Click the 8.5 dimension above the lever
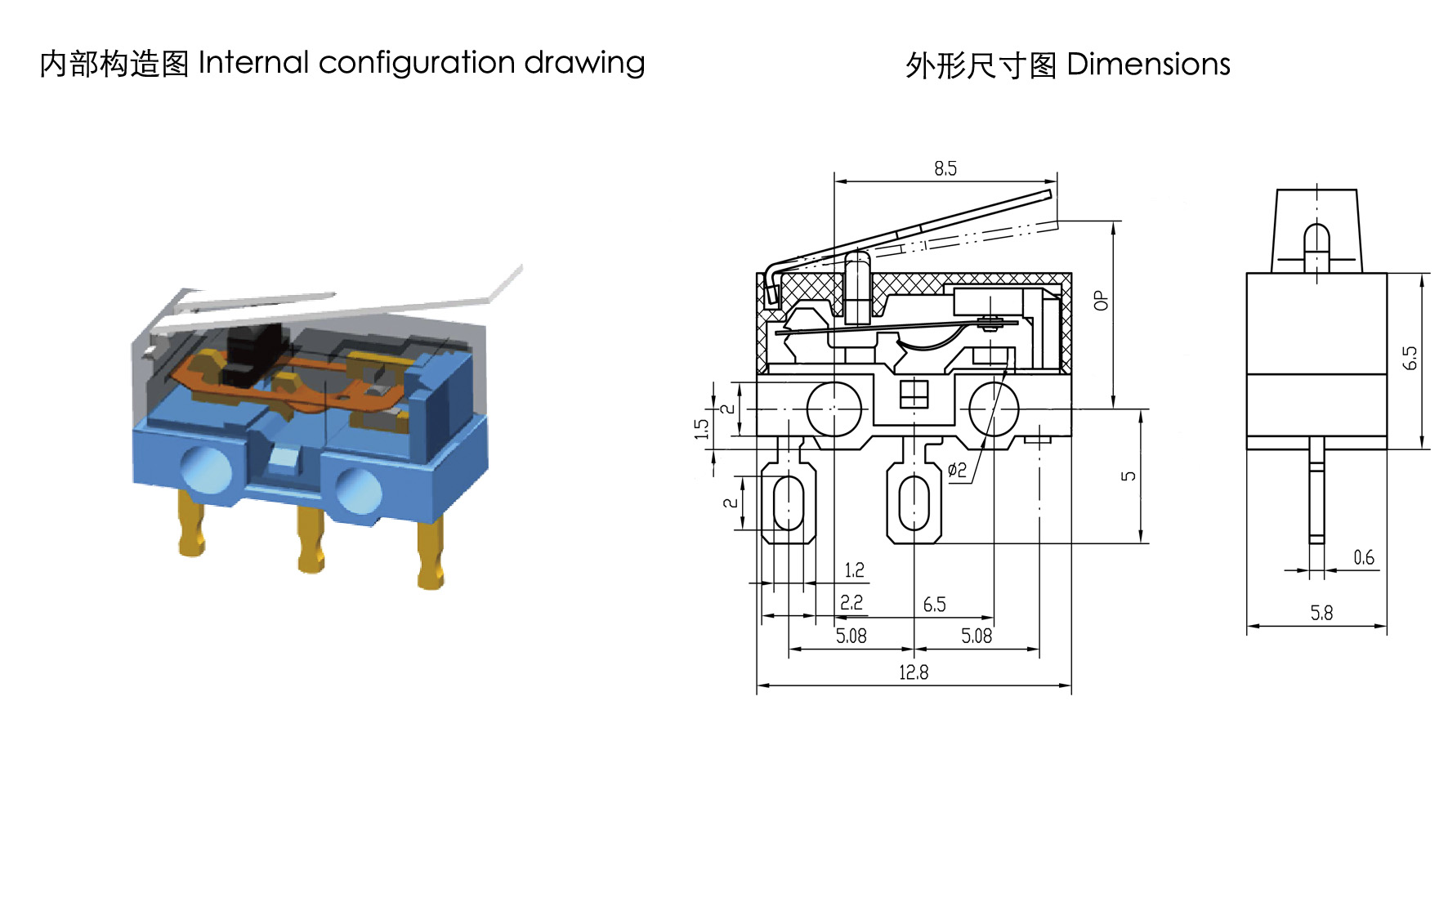pos(945,168)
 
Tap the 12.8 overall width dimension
pos(914,672)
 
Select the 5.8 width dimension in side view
pos(1321,613)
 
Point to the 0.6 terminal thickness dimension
pos(1364,557)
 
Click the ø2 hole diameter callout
pos(957,469)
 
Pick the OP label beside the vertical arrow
pos(1101,300)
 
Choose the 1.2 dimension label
pos(854,569)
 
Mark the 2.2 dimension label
pos(851,602)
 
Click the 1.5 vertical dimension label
pos(701,429)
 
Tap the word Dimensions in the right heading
pos(1148,64)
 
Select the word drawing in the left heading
pos(584,64)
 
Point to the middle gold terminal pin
pos(311,538)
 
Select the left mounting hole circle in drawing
pos(834,409)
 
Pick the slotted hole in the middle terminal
pos(914,503)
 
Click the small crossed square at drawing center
pos(914,394)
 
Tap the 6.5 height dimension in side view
pos(1410,358)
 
